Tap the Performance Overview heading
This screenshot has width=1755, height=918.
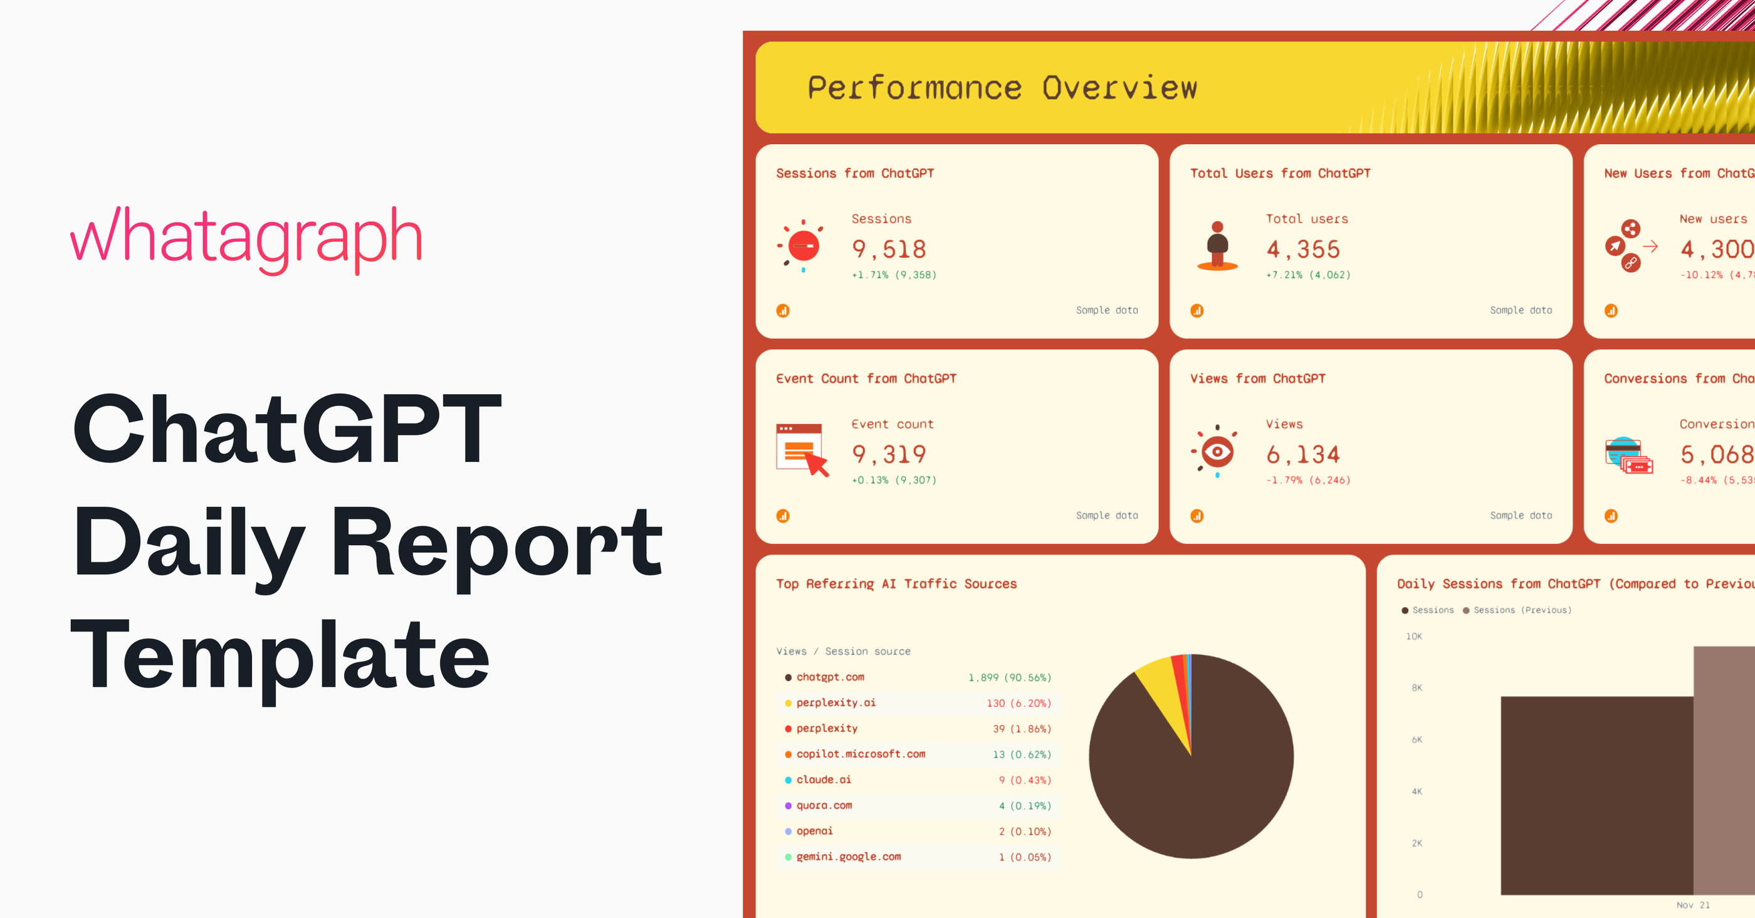click(1002, 88)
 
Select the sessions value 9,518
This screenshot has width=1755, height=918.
click(888, 249)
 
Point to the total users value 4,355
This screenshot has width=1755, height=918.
click(1302, 249)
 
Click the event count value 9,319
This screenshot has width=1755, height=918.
click(888, 454)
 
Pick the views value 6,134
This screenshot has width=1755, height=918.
click(1302, 454)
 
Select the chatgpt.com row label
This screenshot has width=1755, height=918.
click(830, 677)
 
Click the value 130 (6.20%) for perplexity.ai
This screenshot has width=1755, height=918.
click(1019, 703)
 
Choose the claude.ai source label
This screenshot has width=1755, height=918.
click(824, 780)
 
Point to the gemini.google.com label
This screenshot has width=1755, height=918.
click(848, 857)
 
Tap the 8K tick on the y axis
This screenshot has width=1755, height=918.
click(1417, 688)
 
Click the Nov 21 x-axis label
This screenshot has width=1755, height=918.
click(1692, 905)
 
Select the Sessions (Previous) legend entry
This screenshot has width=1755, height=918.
click(1521, 610)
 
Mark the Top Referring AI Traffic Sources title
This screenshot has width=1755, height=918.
click(896, 583)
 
